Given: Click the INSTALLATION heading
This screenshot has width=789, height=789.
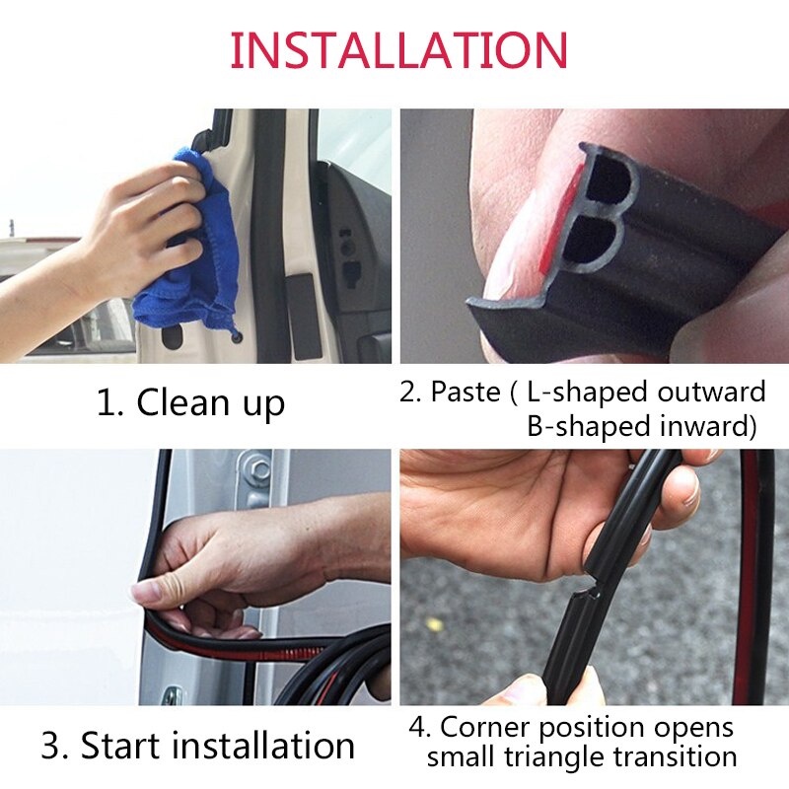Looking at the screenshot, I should click(398, 49).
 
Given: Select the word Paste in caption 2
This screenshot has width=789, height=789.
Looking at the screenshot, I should click(465, 392).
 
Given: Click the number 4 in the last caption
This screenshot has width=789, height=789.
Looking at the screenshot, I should click(418, 728).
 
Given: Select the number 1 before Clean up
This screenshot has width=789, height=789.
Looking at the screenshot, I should click(106, 402).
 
